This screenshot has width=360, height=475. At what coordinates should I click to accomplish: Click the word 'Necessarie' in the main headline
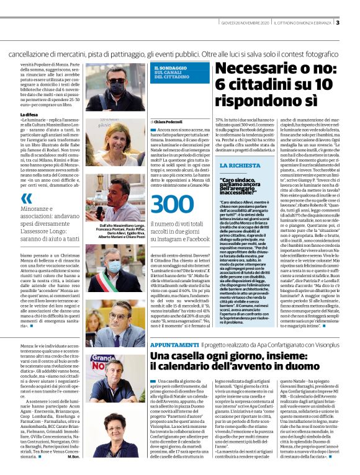coord(255,69)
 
